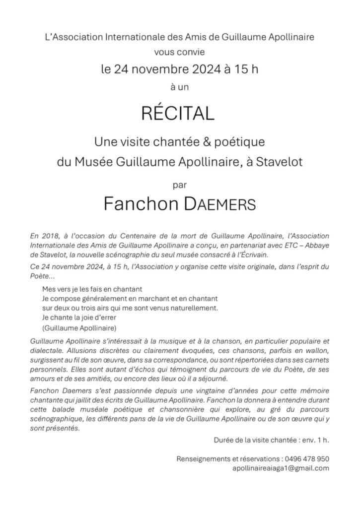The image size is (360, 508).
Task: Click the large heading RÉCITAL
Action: tap(178, 113)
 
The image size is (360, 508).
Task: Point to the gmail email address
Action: tap(281, 468)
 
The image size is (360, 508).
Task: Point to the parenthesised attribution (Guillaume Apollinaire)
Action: tap(79, 328)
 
